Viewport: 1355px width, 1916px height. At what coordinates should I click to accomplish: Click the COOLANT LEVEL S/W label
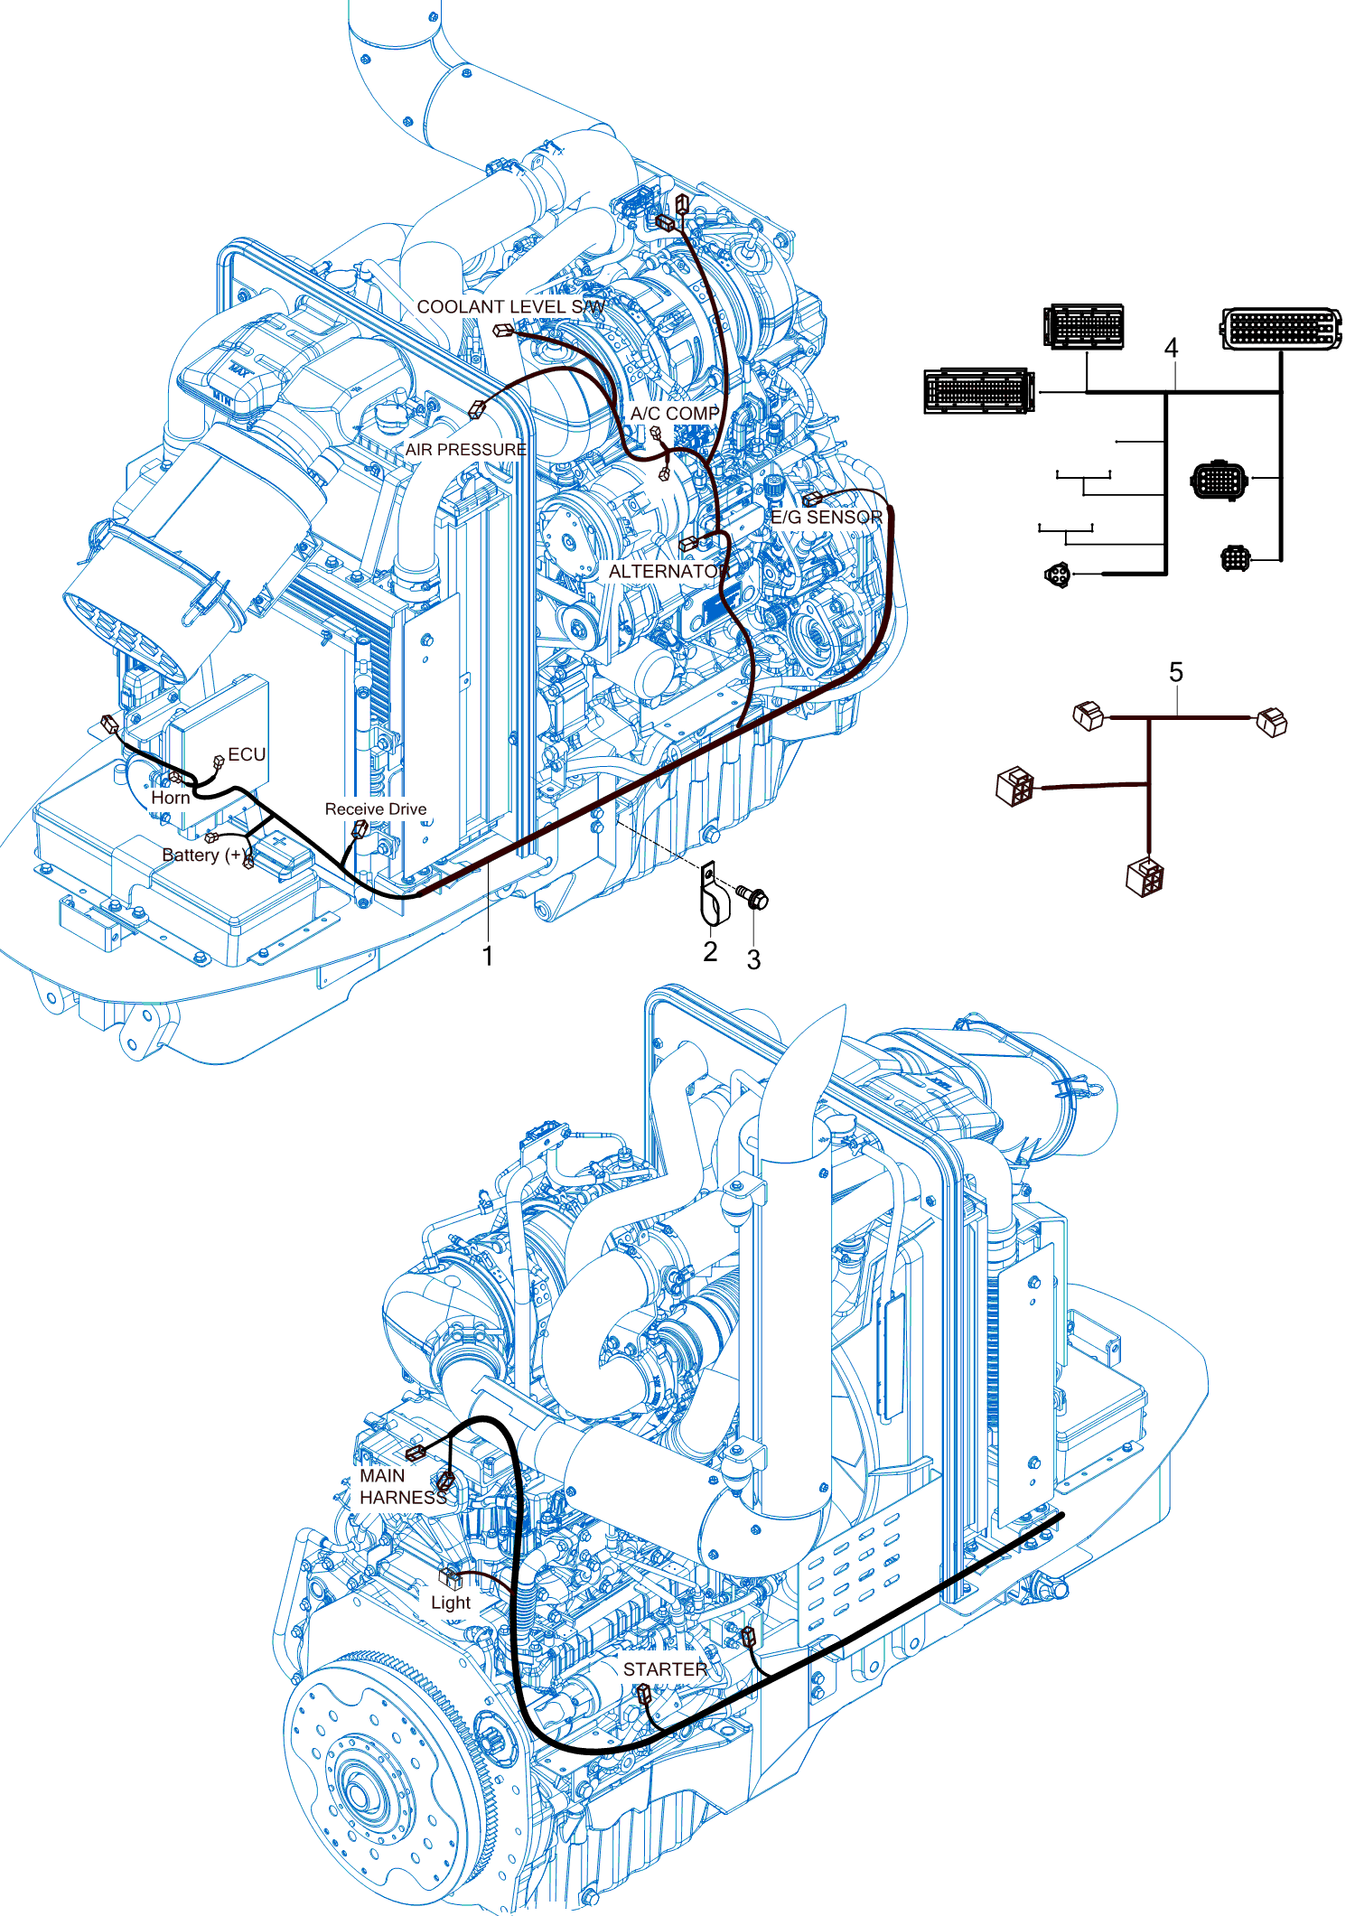point(510,307)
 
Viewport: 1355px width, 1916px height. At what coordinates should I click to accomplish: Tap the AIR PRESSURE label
point(465,450)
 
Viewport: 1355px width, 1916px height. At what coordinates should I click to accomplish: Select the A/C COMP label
point(675,414)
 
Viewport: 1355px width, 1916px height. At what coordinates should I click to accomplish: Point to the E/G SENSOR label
point(827,518)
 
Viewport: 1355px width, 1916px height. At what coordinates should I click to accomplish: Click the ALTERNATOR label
point(668,572)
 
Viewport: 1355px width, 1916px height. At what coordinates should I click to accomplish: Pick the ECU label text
point(247,754)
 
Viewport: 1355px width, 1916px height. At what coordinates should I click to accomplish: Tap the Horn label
point(171,798)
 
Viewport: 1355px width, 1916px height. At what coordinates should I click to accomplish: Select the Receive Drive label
point(376,809)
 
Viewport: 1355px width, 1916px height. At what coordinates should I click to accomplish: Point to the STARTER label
point(665,1669)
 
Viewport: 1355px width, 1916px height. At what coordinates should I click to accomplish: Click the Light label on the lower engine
point(451,1603)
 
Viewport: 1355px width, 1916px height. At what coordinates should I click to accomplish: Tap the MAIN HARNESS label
point(402,1486)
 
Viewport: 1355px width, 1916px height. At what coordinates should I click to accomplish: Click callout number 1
point(488,956)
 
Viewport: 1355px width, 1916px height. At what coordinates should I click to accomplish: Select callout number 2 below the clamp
point(710,951)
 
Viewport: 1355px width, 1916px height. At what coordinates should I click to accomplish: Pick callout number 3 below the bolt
point(753,960)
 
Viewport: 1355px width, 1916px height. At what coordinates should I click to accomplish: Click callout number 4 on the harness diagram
point(1172,348)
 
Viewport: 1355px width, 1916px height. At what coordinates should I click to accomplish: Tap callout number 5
point(1175,672)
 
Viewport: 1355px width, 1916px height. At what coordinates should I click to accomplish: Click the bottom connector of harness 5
point(1145,876)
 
